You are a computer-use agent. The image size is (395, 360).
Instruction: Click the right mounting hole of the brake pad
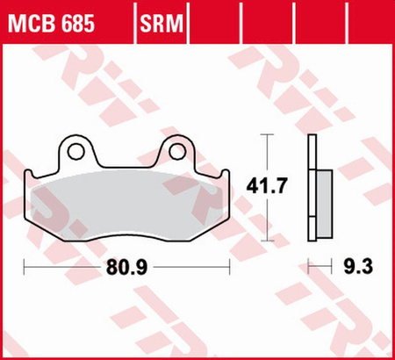point(178,152)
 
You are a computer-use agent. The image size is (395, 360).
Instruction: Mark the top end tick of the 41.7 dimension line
point(269,135)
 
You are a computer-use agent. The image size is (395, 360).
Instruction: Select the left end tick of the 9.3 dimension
point(309,263)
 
